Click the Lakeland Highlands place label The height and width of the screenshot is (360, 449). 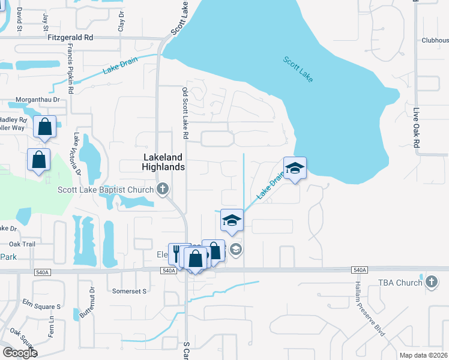pyautogui.click(x=163, y=161)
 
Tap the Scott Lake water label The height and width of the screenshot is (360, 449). pyautogui.click(x=298, y=70)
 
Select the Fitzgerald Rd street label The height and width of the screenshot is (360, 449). pyautogui.click(x=71, y=37)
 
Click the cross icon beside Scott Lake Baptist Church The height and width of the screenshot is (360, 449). pyautogui.click(x=162, y=190)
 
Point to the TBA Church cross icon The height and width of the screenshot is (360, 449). pyautogui.click(x=431, y=281)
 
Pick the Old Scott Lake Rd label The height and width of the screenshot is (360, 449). pyautogui.click(x=185, y=114)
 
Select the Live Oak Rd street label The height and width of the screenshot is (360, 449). pyautogui.click(x=415, y=128)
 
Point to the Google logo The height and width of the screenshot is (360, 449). pyautogui.click(x=19, y=353)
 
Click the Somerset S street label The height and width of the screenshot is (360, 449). pyautogui.click(x=130, y=291)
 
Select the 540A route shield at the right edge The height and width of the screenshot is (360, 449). pyautogui.click(x=360, y=271)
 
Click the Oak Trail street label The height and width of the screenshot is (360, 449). pyautogui.click(x=23, y=244)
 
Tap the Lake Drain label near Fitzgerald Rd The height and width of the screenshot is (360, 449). pyautogui.click(x=120, y=65)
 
